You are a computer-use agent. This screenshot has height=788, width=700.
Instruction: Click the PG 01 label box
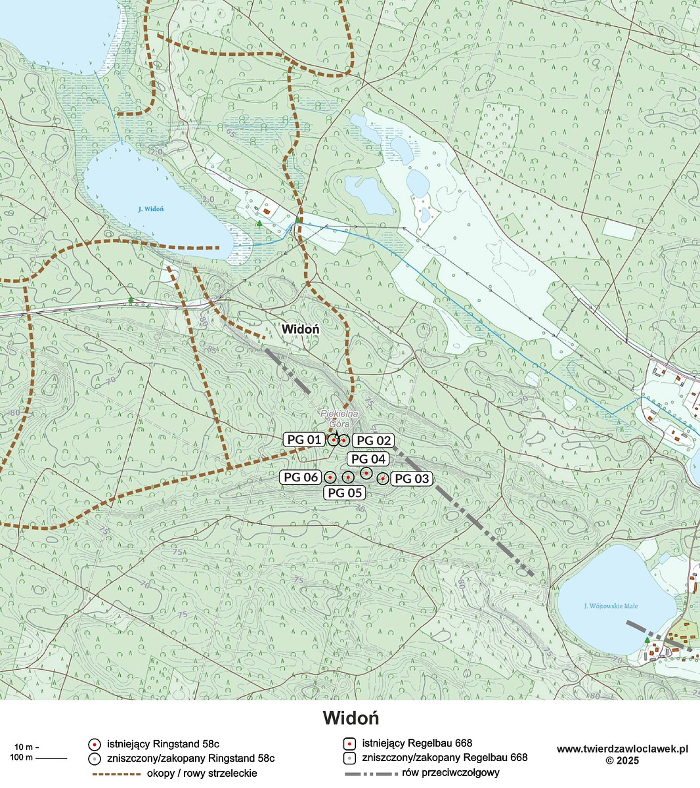[304, 439]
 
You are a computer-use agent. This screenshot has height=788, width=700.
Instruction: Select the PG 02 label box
[373, 441]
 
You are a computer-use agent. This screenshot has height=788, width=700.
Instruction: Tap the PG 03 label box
[412, 479]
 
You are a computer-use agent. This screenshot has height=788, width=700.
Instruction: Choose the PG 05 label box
[345, 492]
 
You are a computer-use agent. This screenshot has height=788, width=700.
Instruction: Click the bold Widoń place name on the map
[300, 328]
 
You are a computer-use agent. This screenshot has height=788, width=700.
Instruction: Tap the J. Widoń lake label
[150, 209]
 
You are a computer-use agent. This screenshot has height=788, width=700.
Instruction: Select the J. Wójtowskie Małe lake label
[611, 605]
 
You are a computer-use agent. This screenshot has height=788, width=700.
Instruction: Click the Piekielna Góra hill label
[338, 419]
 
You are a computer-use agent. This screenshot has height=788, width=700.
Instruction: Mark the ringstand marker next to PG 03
[382, 478]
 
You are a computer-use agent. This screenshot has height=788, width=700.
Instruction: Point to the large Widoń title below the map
[351, 718]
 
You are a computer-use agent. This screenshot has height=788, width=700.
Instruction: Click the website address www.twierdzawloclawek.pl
[622, 749]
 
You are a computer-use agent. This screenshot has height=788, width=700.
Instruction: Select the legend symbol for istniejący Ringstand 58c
[95, 744]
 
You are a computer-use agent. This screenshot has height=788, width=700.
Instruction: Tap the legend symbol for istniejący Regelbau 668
[350, 744]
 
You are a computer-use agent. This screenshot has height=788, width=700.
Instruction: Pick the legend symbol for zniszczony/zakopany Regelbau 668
[350, 758]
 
